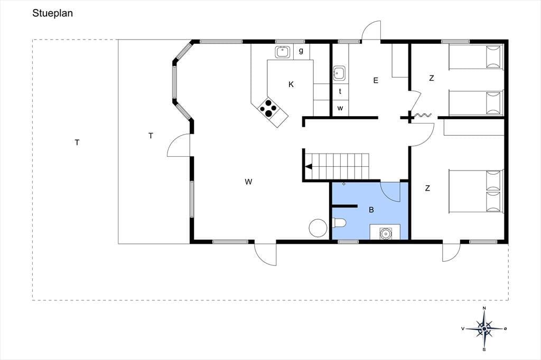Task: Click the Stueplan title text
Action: click(x=52, y=13)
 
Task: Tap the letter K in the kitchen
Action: click(x=291, y=84)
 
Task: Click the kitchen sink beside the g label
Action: click(x=283, y=52)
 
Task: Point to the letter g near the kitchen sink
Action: click(x=301, y=51)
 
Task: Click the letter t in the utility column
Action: click(x=340, y=91)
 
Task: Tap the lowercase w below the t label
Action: click(x=340, y=108)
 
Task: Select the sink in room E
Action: click(x=339, y=73)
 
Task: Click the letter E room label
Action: click(x=376, y=80)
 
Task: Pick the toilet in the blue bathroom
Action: click(x=339, y=223)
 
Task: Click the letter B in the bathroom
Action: click(x=371, y=210)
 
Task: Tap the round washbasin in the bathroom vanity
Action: click(x=385, y=233)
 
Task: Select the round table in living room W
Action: click(x=318, y=228)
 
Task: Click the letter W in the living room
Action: click(x=248, y=182)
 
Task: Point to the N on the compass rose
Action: click(x=484, y=308)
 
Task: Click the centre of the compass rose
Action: click(x=484, y=329)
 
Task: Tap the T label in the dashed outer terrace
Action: click(x=77, y=143)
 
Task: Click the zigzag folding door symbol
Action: click(x=423, y=115)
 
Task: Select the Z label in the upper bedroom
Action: click(x=431, y=78)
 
